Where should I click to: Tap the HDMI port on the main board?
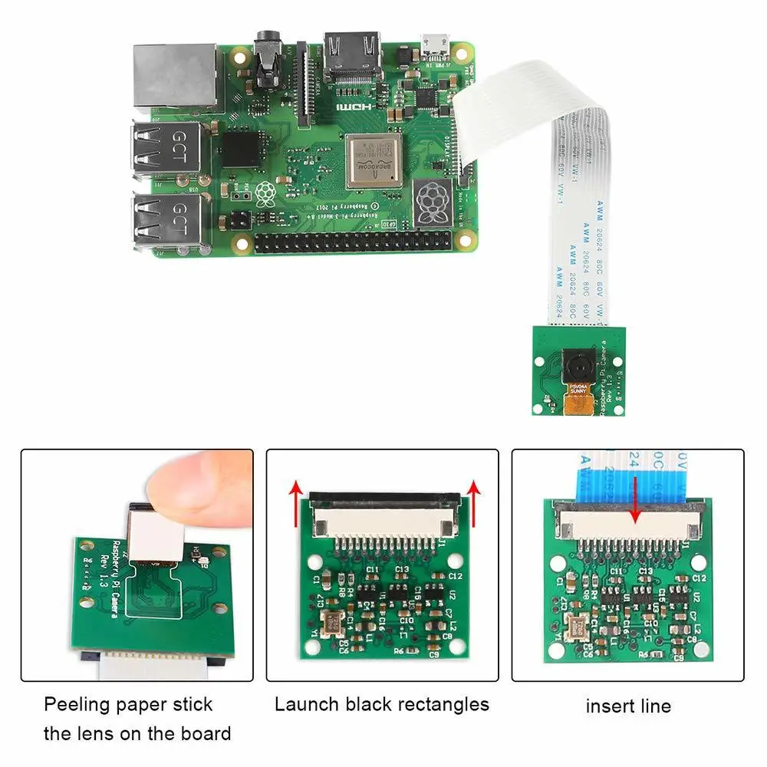pos(353,56)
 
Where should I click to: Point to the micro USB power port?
pos(435,47)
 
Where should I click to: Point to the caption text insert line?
pos(628,706)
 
